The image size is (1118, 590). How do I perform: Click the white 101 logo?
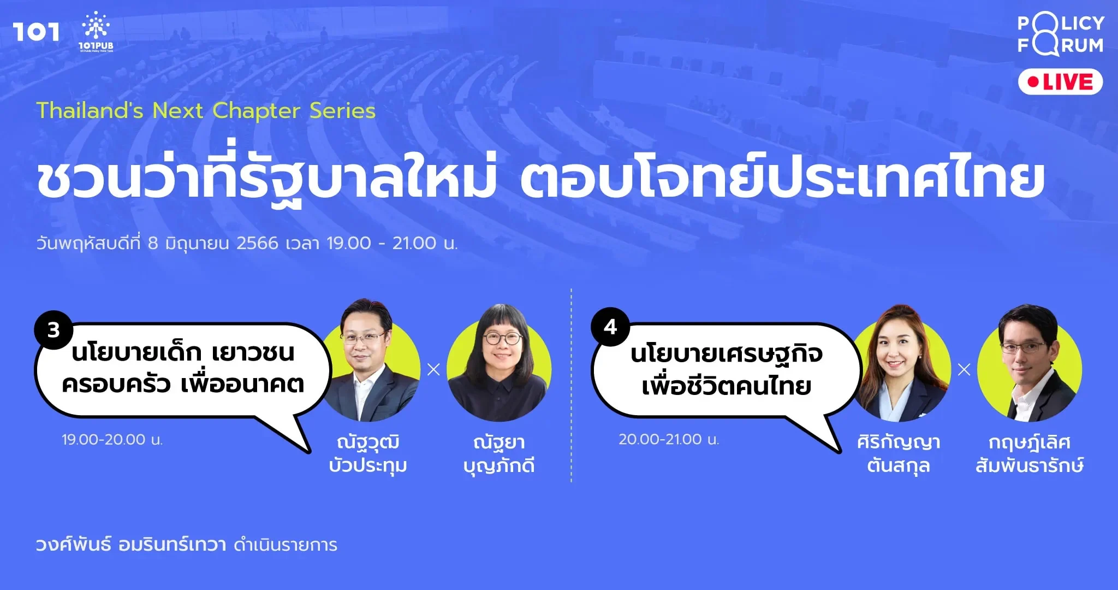pyautogui.click(x=36, y=32)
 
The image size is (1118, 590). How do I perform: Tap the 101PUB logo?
pyautogui.click(x=96, y=32)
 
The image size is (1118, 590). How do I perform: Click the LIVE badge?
pyautogui.click(x=1060, y=82)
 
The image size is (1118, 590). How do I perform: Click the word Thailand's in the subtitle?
pyautogui.click(x=90, y=110)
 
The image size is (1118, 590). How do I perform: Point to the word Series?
pyautogui.click(x=342, y=110)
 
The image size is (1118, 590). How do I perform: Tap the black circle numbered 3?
pyautogui.click(x=53, y=330)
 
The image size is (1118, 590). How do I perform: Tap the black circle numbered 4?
pyautogui.click(x=610, y=327)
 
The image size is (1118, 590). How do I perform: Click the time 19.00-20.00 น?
pyautogui.click(x=112, y=439)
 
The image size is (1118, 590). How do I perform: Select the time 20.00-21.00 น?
pyautogui.click(x=669, y=439)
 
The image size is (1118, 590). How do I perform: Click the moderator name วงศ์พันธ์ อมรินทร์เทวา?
pyautogui.click(x=131, y=545)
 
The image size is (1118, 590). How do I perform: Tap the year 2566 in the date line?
pyautogui.click(x=258, y=243)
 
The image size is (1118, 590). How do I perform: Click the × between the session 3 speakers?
pyautogui.click(x=434, y=370)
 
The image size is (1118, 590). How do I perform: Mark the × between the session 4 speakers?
pyautogui.click(x=965, y=370)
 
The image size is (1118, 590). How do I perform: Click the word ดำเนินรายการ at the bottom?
pyautogui.click(x=286, y=545)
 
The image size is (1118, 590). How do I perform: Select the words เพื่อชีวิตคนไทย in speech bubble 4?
pyautogui.click(x=727, y=386)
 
